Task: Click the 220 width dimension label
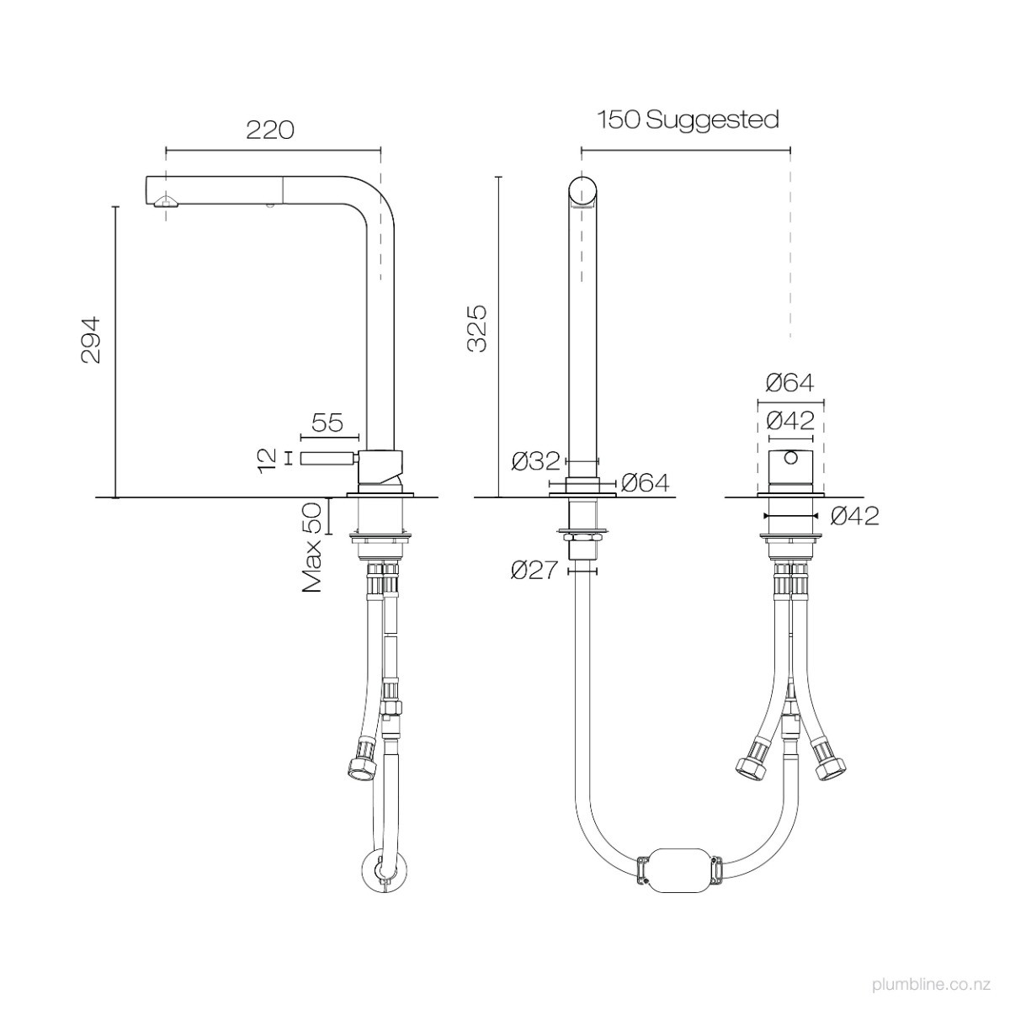click(270, 130)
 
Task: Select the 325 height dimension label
click(477, 328)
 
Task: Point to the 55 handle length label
click(327, 423)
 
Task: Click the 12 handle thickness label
click(268, 460)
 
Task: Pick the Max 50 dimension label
click(312, 547)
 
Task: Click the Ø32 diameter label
click(535, 461)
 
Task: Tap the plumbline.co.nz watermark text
click(932, 984)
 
